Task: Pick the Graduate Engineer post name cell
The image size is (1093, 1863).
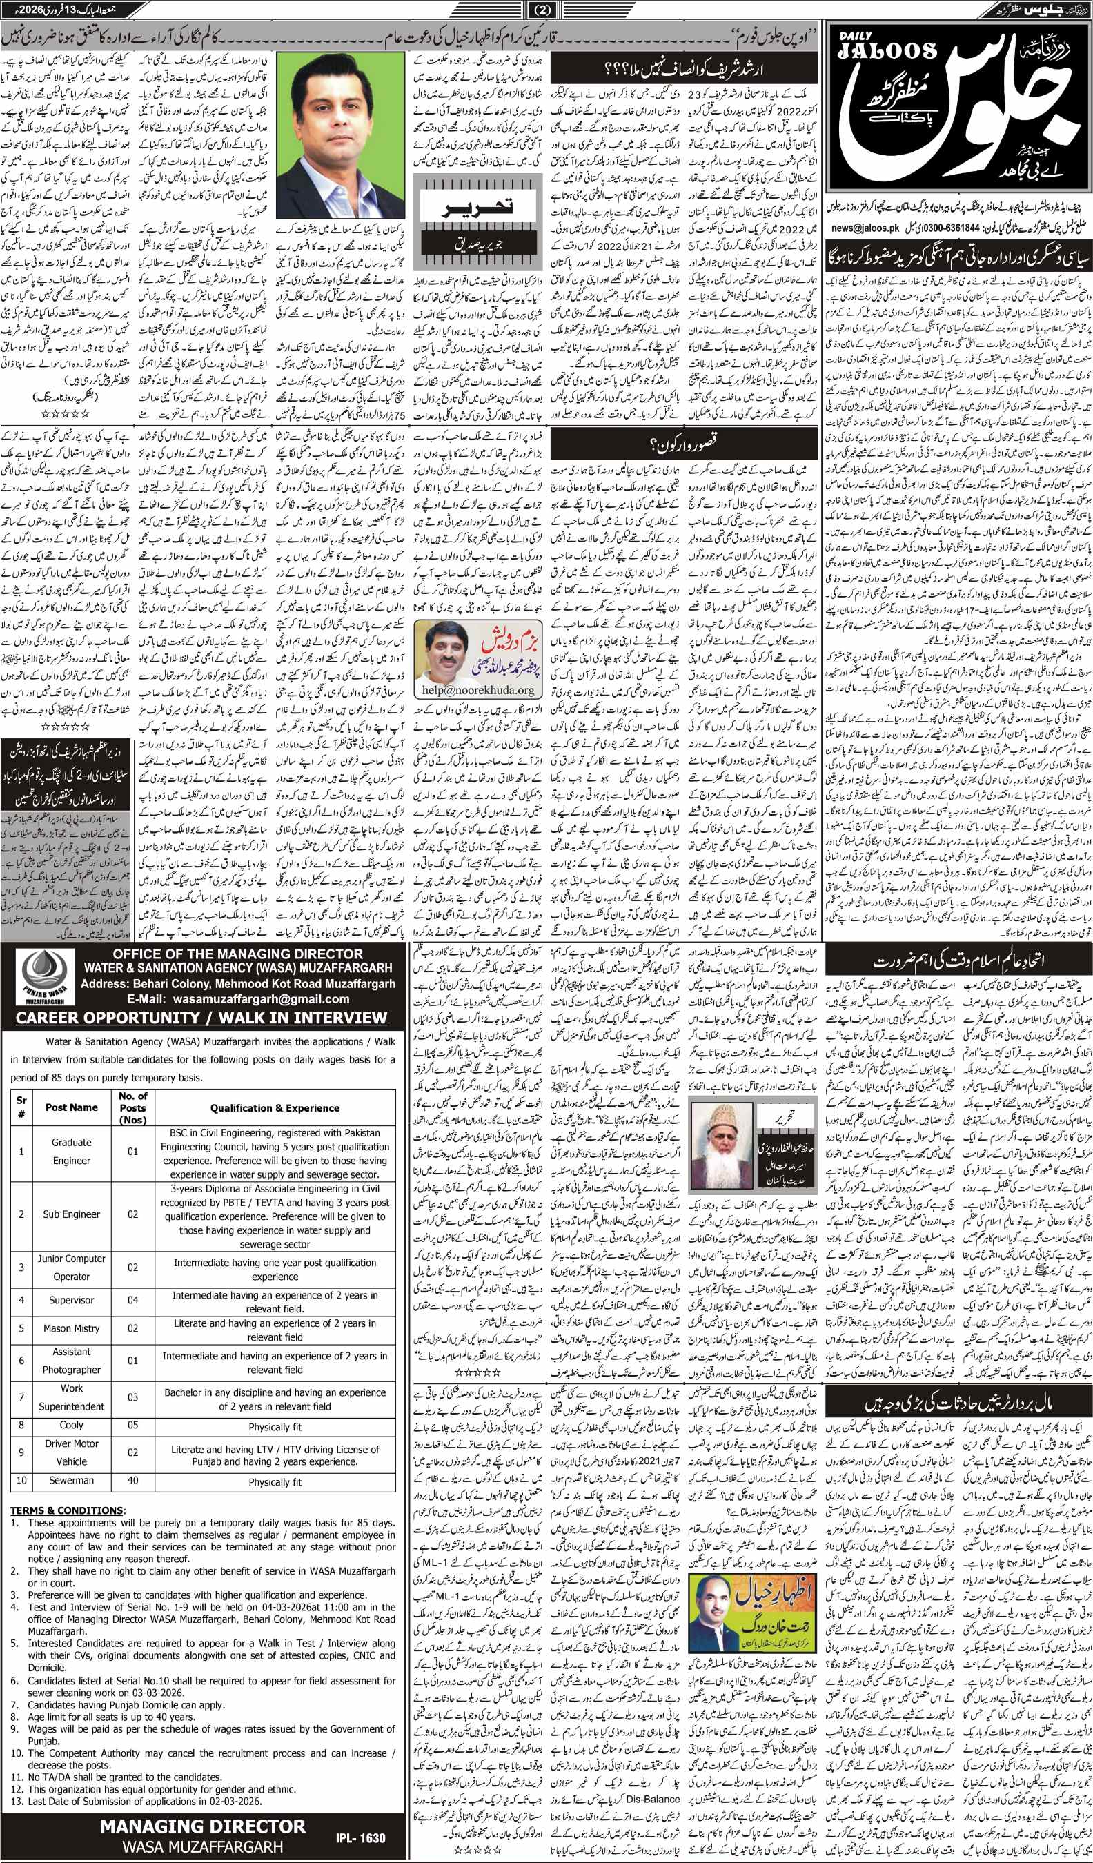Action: pos(72,1151)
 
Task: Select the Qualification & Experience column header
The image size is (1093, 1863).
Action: pos(275,1108)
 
